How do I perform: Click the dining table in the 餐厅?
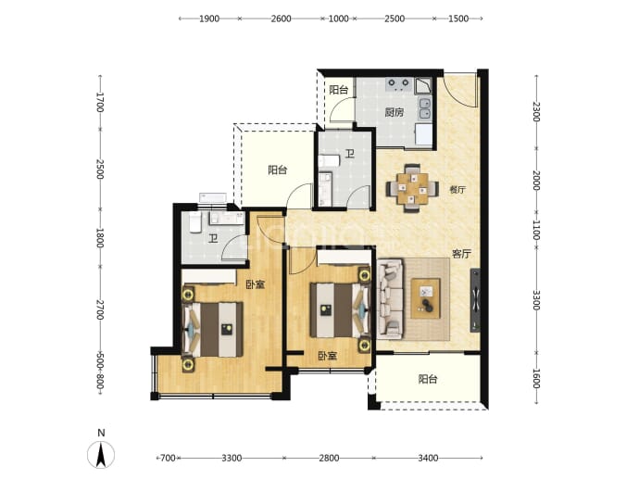point(413,188)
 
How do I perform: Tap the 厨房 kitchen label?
point(395,112)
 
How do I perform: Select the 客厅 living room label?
point(462,254)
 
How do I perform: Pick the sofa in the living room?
point(391,299)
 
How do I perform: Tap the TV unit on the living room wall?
point(475,299)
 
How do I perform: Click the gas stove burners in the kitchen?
point(398,84)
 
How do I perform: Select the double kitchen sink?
point(425,108)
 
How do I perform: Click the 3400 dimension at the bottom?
point(428,459)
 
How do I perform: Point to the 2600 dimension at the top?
point(281,19)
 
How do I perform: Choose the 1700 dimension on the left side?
point(100,102)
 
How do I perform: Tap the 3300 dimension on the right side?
point(536,300)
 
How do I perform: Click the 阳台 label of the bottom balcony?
point(428,379)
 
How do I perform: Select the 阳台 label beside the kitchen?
point(338,90)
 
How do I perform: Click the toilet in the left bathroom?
point(195,222)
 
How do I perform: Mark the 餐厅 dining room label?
point(457,190)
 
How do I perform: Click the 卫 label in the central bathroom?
point(350,154)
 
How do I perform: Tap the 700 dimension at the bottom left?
point(168,459)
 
